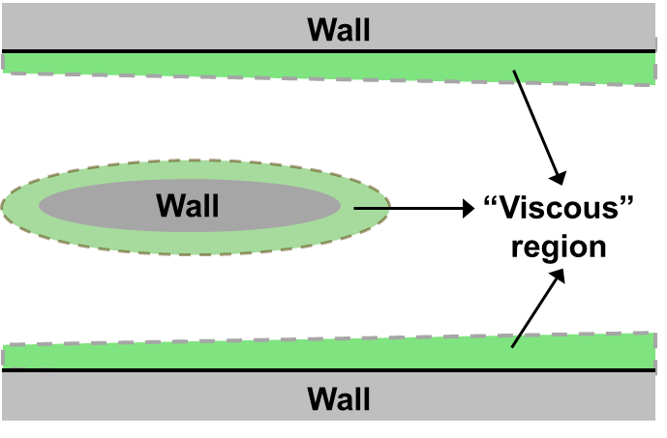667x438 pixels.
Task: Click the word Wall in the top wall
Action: (x=339, y=30)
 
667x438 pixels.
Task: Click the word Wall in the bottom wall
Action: (x=339, y=398)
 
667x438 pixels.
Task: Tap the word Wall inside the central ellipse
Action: (x=188, y=205)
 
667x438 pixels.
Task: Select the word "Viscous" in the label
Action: (x=559, y=207)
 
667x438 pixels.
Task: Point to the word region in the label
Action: (x=559, y=247)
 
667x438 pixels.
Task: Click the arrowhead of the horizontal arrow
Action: (x=469, y=208)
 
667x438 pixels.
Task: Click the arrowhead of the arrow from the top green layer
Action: (x=559, y=178)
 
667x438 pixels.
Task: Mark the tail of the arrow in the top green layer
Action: (x=514, y=71)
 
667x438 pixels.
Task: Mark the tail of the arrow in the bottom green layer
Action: (x=512, y=347)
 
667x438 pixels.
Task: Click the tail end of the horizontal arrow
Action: (x=354, y=208)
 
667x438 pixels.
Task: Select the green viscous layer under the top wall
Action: (x=328, y=67)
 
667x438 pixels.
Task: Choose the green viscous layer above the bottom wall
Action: (x=328, y=354)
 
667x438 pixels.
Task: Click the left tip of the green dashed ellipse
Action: (x=2, y=207)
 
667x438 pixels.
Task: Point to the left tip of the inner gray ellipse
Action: (x=39, y=206)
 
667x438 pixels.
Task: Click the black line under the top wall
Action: (x=328, y=51)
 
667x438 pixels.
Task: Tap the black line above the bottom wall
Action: (x=328, y=370)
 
